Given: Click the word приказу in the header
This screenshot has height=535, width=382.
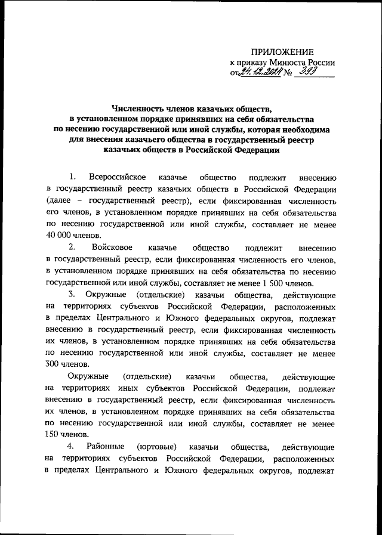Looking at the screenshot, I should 251,63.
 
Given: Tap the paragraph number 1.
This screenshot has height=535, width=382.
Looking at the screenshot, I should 72,177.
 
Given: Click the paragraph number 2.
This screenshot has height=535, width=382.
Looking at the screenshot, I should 72,248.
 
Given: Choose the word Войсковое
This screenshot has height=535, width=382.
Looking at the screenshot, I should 113,248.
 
